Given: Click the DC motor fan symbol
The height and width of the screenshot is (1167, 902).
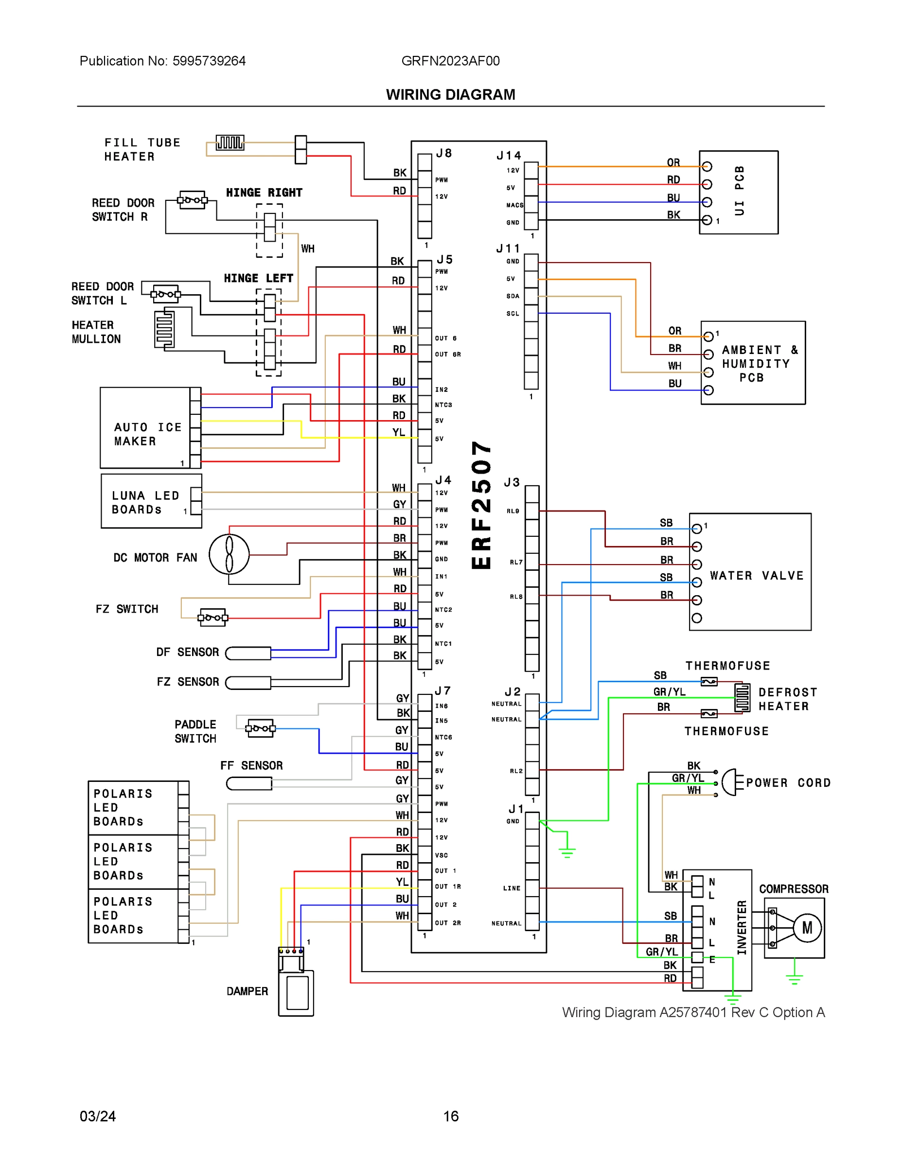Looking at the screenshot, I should click(229, 554).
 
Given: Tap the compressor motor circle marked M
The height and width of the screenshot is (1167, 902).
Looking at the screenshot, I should click(807, 928).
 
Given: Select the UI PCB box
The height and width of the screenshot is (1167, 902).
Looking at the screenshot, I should click(739, 193).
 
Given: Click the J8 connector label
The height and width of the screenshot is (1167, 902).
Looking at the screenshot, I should click(444, 153).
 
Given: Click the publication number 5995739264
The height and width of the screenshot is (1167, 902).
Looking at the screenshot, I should click(209, 61).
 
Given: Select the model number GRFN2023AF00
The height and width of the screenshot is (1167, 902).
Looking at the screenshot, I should click(450, 61).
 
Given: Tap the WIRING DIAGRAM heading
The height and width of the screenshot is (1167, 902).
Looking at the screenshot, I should click(450, 95).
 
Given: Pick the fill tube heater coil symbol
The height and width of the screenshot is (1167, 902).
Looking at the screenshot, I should click(230, 142).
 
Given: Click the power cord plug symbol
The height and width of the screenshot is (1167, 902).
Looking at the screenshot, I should click(731, 783).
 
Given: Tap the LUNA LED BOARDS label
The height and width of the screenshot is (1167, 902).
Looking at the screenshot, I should click(145, 502).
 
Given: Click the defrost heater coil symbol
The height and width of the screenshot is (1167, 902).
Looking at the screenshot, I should click(742, 698).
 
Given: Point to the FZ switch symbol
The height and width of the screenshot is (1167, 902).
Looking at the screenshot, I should click(212, 618).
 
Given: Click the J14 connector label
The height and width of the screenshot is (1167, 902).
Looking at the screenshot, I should click(508, 156).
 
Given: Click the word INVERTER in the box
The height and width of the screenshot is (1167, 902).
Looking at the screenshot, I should click(741, 928).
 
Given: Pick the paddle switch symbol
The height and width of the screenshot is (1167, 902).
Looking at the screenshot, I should click(260, 728).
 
